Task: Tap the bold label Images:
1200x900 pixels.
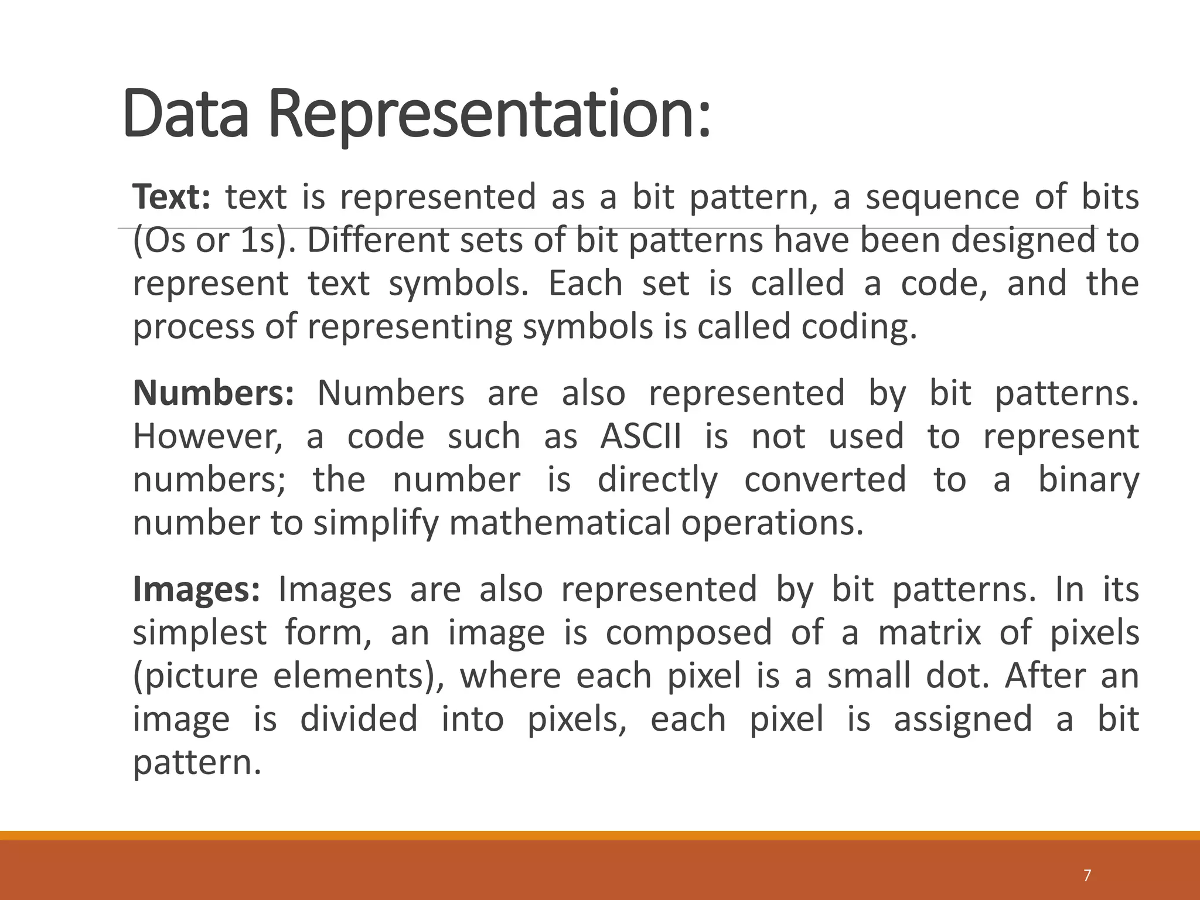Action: pyautogui.click(x=196, y=589)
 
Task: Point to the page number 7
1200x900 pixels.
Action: pyautogui.click(x=1087, y=875)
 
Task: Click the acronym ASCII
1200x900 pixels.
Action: pyautogui.click(x=641, y=437)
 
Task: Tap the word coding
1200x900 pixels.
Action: pyautogui.click(x=858, y=326)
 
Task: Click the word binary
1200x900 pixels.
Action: pyautogui.click(x=1089, y=480)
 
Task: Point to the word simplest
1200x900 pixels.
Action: pyautogui.click(x=200, y=633)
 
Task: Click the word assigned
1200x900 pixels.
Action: pyautogui.click(x=963, y=719)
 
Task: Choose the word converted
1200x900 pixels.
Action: pyautogui.click(x=825, y=480)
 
